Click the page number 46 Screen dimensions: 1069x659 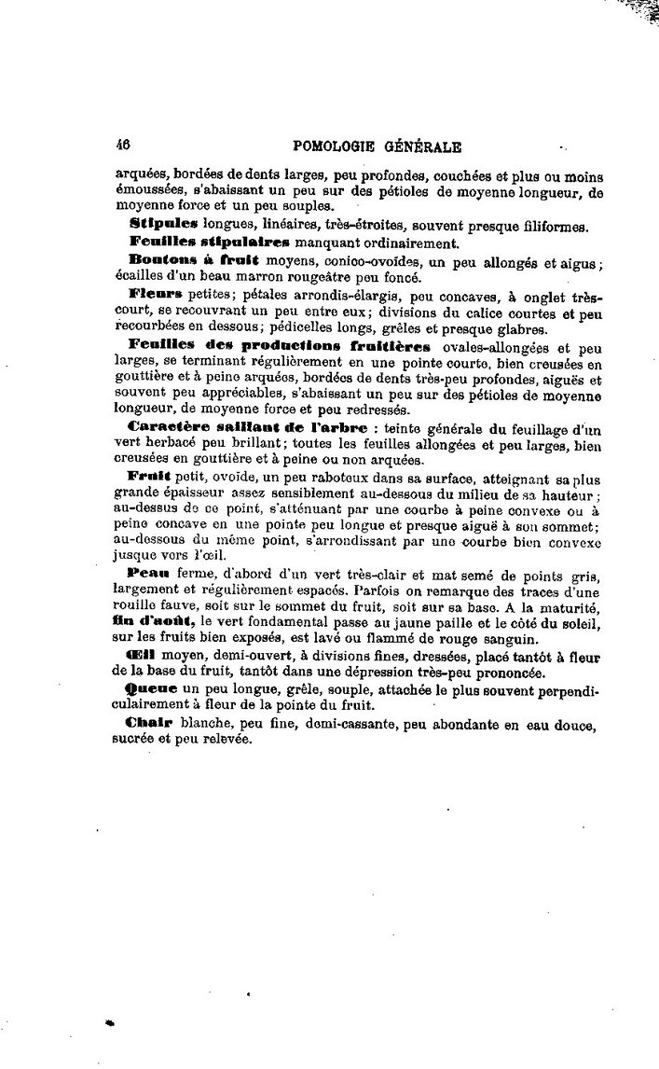(x=122, y=146)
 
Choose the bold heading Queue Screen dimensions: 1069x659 (x=149, y=687)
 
